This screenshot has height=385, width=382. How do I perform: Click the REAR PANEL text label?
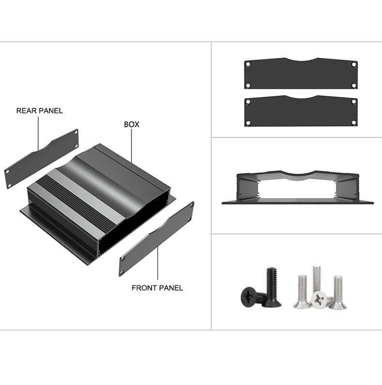tap(40, 111)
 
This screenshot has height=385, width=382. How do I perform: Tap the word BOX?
tap(132, 124)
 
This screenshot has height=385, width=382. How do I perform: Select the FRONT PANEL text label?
tap(157, 288)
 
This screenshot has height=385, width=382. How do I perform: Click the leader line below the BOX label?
tap(132, 145)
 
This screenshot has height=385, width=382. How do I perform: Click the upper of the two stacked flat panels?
tap(300, 75)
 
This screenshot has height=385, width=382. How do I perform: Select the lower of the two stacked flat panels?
tap(300, 111)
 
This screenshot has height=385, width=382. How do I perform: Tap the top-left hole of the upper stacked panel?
tap(248, 64)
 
